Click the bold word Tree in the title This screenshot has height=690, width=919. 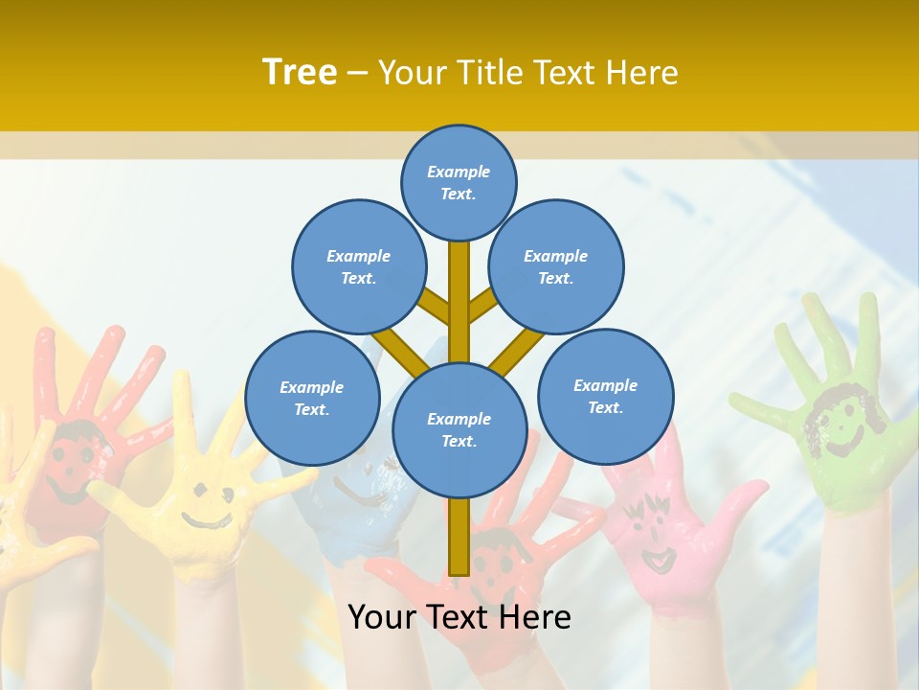tap(300, 73)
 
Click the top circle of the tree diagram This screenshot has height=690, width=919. tap(459, 182)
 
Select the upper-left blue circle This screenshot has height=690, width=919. tap(358, 266)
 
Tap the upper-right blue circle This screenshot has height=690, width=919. tap(555, 266)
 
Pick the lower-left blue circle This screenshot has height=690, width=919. tap(312, 398)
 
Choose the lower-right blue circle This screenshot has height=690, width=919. tap(605, 396)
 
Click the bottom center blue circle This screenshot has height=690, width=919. tap(459, 429)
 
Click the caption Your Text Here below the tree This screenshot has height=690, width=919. tap(459, 617)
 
